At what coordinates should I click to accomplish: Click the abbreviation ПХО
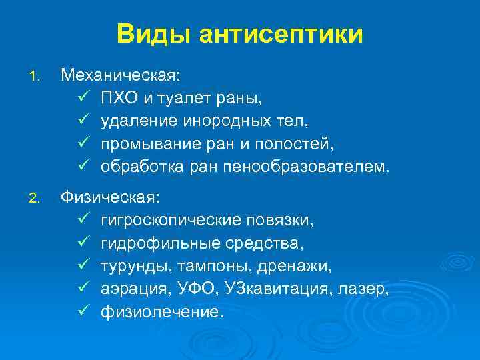[118, 99]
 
